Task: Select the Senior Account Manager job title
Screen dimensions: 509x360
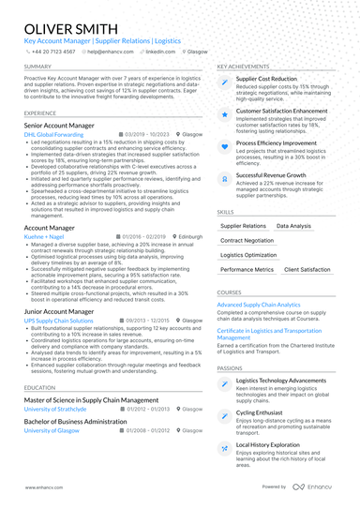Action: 59,125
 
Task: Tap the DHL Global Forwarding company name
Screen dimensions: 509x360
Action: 53,135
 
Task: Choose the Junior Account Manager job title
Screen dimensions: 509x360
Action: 58,311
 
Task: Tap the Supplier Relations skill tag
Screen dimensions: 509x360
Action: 243,226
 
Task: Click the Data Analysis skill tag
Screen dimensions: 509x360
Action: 293,226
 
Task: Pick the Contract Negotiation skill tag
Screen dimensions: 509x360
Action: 248,241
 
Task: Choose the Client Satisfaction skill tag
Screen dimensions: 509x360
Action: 307,270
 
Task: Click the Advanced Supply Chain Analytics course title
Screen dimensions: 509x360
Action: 259,305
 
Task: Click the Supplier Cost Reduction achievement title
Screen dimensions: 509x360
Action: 266,80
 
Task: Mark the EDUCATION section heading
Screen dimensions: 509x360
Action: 39,387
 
